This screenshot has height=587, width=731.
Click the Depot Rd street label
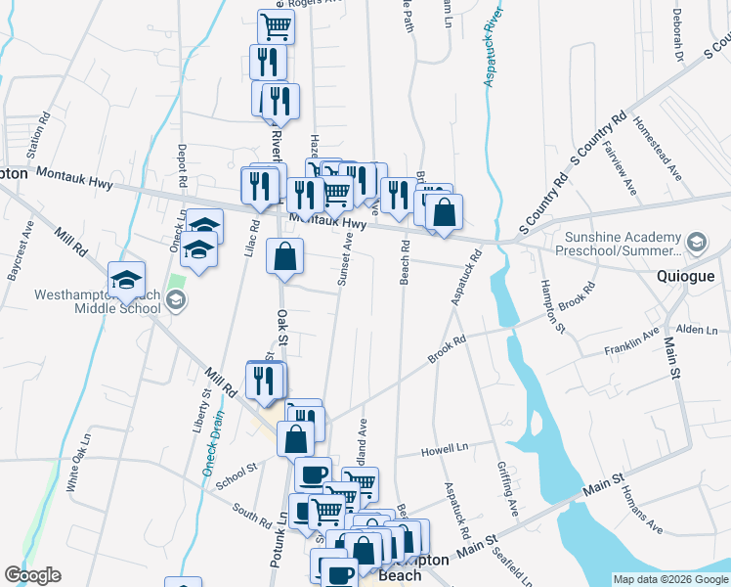pos(182,166)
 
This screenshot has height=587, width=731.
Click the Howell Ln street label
pos(445,450)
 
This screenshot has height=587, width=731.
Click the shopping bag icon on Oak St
pos(284,258)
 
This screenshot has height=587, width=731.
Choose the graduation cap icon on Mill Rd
pos(126,281)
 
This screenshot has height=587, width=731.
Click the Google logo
pos(32,575)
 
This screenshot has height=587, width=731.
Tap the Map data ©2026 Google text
pos(670,579)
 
